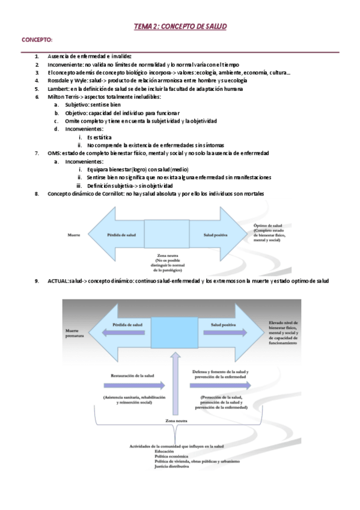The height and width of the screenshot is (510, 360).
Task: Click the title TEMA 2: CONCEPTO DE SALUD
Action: [x=180, y=27]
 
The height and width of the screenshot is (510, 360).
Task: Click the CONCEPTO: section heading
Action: [x=37, y=40]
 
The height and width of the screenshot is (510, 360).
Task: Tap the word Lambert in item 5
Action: [x=58, y=88]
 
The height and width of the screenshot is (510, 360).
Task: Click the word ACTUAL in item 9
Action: [x=58, y=281]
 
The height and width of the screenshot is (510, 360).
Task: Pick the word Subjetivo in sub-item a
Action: [x=77, y=105]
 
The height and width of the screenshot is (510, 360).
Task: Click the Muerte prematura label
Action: [x=73, y=333]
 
